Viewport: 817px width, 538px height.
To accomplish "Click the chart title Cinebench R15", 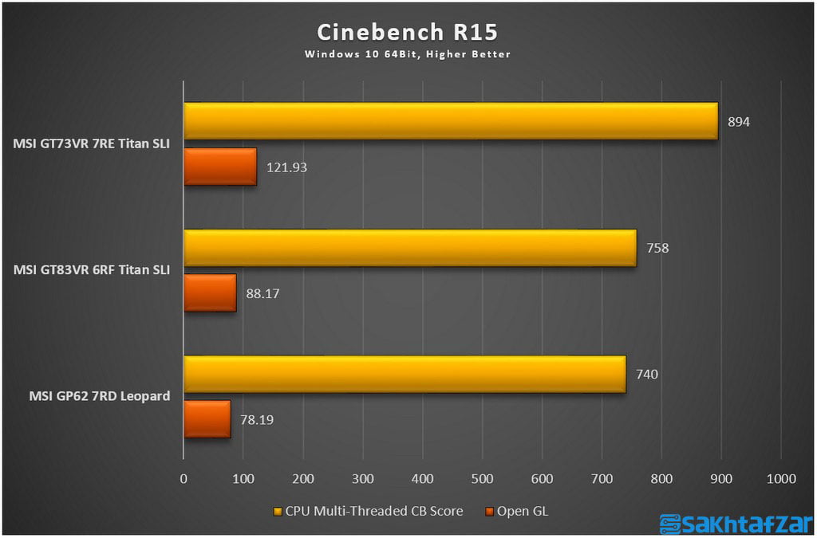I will [408, 32].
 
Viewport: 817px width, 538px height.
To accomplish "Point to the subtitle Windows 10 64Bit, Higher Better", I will [408, 54].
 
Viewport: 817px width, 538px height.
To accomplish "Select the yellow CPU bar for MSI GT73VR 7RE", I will [451, 120].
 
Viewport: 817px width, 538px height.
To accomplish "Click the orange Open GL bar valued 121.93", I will [220, 167].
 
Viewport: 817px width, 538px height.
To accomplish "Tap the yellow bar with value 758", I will [410, 248].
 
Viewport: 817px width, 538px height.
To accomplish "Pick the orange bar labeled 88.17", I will [210, 293].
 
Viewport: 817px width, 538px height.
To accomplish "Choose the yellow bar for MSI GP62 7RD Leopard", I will [405, 374].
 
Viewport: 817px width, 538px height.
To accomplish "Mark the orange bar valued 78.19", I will [207, 419].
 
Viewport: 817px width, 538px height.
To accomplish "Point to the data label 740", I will [647, 375].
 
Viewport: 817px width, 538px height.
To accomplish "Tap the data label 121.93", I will [287, 167].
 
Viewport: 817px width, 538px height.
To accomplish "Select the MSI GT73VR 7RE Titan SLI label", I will [92, 144].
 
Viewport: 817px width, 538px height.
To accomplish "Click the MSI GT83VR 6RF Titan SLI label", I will [92, 270].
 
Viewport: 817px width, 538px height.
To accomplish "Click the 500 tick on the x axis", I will [482, 478].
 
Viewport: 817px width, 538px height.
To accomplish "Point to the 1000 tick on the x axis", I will [780, 478].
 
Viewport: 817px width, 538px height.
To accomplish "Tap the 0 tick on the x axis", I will [184, 478].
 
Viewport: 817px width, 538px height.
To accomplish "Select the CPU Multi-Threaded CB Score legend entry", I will [368, 511].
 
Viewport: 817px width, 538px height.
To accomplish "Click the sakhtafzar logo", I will [734, 523].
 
